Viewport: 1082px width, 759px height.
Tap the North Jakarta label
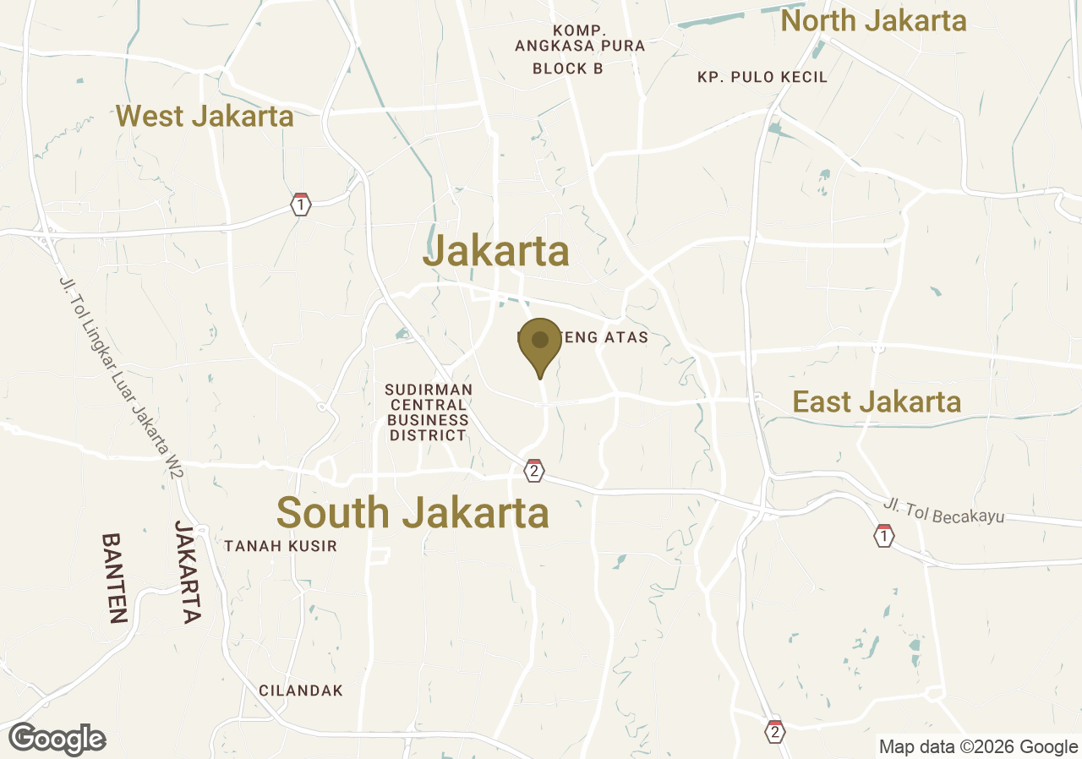pos(873,21)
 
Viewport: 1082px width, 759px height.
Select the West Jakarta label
pos(205,116)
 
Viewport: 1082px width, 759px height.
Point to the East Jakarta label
pos(877,402)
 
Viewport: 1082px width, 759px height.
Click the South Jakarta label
pos(413,513)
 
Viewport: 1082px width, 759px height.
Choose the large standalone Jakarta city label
pos(496,251)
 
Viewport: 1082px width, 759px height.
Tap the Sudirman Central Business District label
pos(428,412)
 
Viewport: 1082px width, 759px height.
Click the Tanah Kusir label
pos(280,546)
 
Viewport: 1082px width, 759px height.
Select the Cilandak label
pos(301,691)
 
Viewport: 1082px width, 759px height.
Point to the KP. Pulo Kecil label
pos(762,77)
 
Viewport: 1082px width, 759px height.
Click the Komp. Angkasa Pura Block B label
pos(568,49)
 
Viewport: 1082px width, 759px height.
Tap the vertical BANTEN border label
pos(114,577)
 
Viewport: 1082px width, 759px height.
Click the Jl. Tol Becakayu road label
pos(943,511)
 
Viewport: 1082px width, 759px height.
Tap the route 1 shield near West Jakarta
pos(300,205)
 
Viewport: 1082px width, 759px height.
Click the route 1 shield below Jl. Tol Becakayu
pos(883,536)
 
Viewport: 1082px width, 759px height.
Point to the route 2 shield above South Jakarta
pos(533,471)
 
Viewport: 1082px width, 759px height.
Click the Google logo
pos(57,739)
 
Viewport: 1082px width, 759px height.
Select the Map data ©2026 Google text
pos(978,746)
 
